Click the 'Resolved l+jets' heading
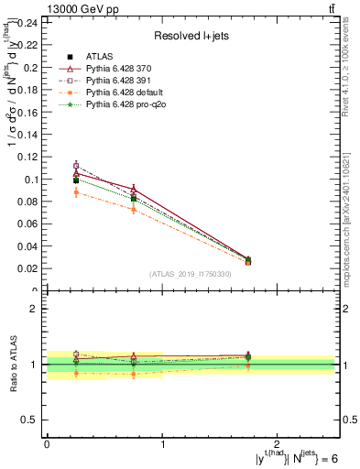coord(193,36)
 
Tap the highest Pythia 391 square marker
coord(76,166)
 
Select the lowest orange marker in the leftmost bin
coord(76,191)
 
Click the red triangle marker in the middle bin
coord(134,189)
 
